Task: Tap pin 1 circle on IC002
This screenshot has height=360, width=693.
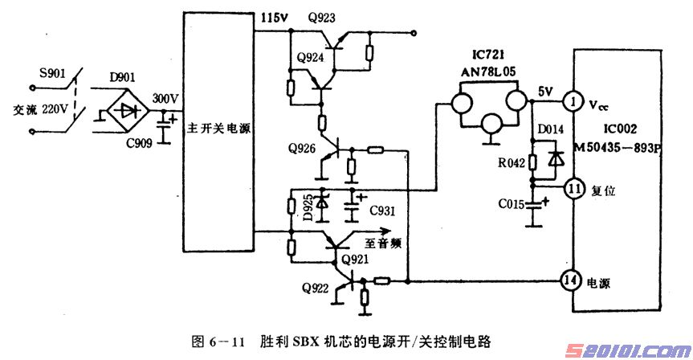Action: (572, 102)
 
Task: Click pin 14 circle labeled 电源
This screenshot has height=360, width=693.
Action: (572, 280)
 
